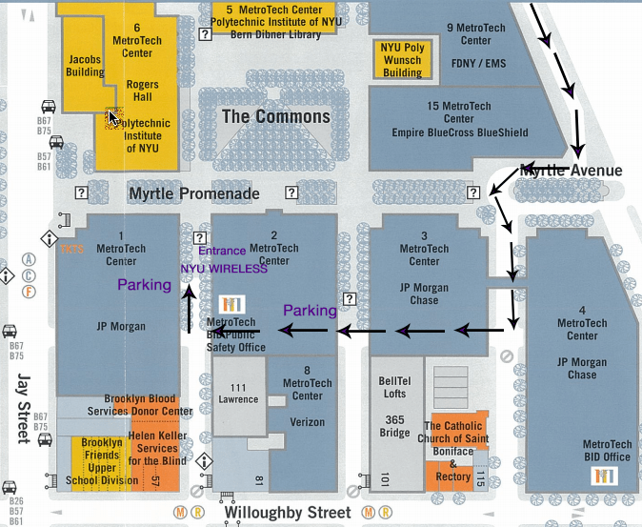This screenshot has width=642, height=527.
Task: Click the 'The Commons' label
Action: pyautogui.click(x=275, y=117)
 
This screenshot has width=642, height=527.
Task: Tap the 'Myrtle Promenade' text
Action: pyautogui.click(x=194, y=193)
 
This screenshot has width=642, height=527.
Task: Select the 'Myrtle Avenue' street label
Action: pyautogui.click(x=571, y=172)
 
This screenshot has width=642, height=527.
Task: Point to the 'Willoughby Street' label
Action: pyautogui.click(x=288, y=513)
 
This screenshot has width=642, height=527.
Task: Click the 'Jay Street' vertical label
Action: pyautogui.click(x=23, y=408)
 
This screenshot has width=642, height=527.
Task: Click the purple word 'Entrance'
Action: pyautogui.click(x=222, y=252)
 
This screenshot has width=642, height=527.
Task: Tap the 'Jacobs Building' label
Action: pyautogui.click(x=85, y=65)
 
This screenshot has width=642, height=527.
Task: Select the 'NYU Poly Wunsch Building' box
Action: pyautogui.click(x=402, y=59)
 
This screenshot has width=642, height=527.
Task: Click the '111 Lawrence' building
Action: pyautogui.click(x=238, y=393)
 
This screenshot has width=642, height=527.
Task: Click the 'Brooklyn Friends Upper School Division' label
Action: pyautogui.click(x=101, y=462)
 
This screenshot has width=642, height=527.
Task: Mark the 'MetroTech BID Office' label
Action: pyautogui.click(x=607, y=451)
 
